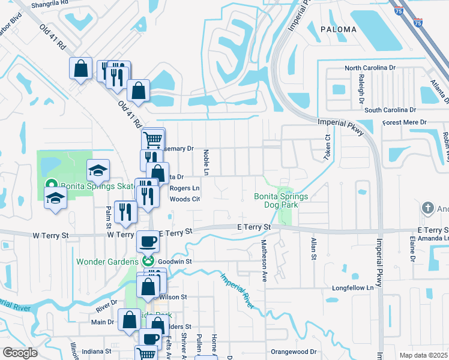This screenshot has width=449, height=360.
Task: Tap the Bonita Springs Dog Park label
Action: [x=281, y=200]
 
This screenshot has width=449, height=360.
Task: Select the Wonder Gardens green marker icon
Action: [x=148, y=261]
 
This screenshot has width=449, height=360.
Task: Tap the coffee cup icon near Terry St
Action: [x=148, y=242]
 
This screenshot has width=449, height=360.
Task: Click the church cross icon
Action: [x=427, y=208]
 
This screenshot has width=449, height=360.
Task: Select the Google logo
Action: [x=20, y=353]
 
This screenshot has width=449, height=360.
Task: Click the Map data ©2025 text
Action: [x=423, y=355]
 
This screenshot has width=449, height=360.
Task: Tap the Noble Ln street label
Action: [x=205, y=163]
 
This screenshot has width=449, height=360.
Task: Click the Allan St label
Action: [x=313, y=249]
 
